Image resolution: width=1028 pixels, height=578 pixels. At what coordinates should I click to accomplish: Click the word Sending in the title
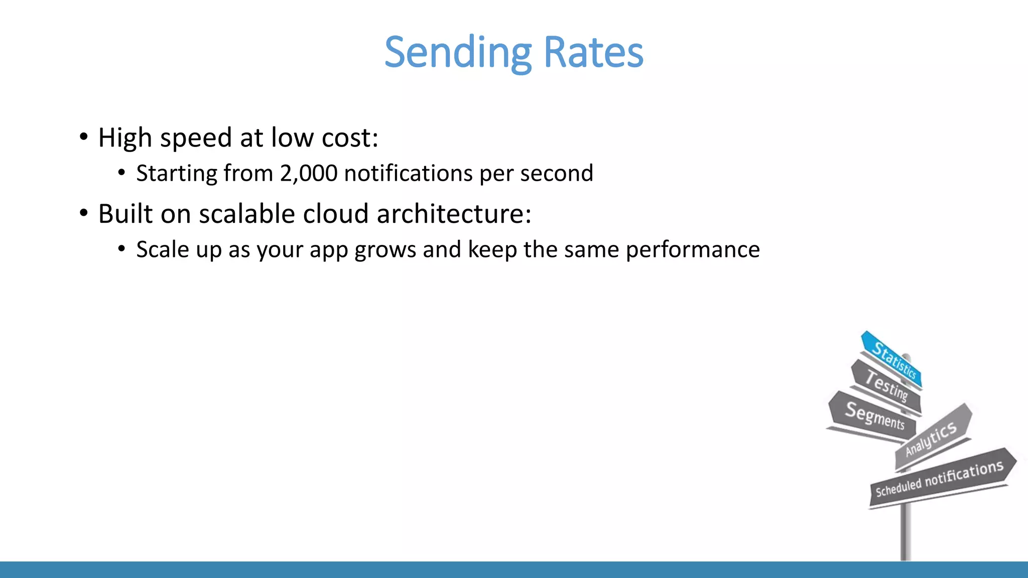pyautogui.click(x=457, y=53)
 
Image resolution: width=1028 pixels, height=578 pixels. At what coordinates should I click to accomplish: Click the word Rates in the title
pyautogui.click(x=593, y=53)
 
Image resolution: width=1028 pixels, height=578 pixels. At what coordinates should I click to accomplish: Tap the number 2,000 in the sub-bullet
pyautogui.click(x=309, y=174)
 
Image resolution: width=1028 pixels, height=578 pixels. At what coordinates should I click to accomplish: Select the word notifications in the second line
pyautogui.click(x=409, y=174)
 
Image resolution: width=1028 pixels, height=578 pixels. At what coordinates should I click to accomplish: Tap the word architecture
pyautogui.click(x=453, y=214)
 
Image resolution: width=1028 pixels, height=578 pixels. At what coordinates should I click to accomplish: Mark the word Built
pyautogui.click(x=125, y=214)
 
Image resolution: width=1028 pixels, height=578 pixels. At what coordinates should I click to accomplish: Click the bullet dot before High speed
pyautogui.click(x=84, y=137)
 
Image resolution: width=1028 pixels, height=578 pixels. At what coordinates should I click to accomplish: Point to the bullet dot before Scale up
pyautogui.click(x=121, y=249)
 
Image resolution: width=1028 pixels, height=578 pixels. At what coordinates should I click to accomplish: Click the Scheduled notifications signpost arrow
pyautogui.click(x=940, y=478)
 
